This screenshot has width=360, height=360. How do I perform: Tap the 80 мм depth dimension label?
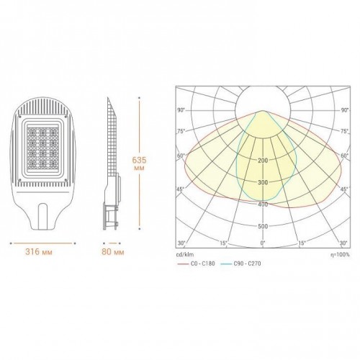(x=114, y=253)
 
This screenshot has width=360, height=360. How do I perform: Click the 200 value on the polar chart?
(x=262, y=161)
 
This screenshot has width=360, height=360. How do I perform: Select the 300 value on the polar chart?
(x=262, y=182)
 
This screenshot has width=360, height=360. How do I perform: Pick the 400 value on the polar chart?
(x=262, y=204)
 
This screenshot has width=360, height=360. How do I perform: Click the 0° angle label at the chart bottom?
(x=263, y=243)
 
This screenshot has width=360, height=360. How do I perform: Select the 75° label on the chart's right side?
(x=343, y=132)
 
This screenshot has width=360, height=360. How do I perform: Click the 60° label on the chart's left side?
(x=182, y=156)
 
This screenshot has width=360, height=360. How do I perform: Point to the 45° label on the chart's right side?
(x=343, y=190)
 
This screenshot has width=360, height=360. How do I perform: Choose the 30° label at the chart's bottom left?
(x=182, y=243)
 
